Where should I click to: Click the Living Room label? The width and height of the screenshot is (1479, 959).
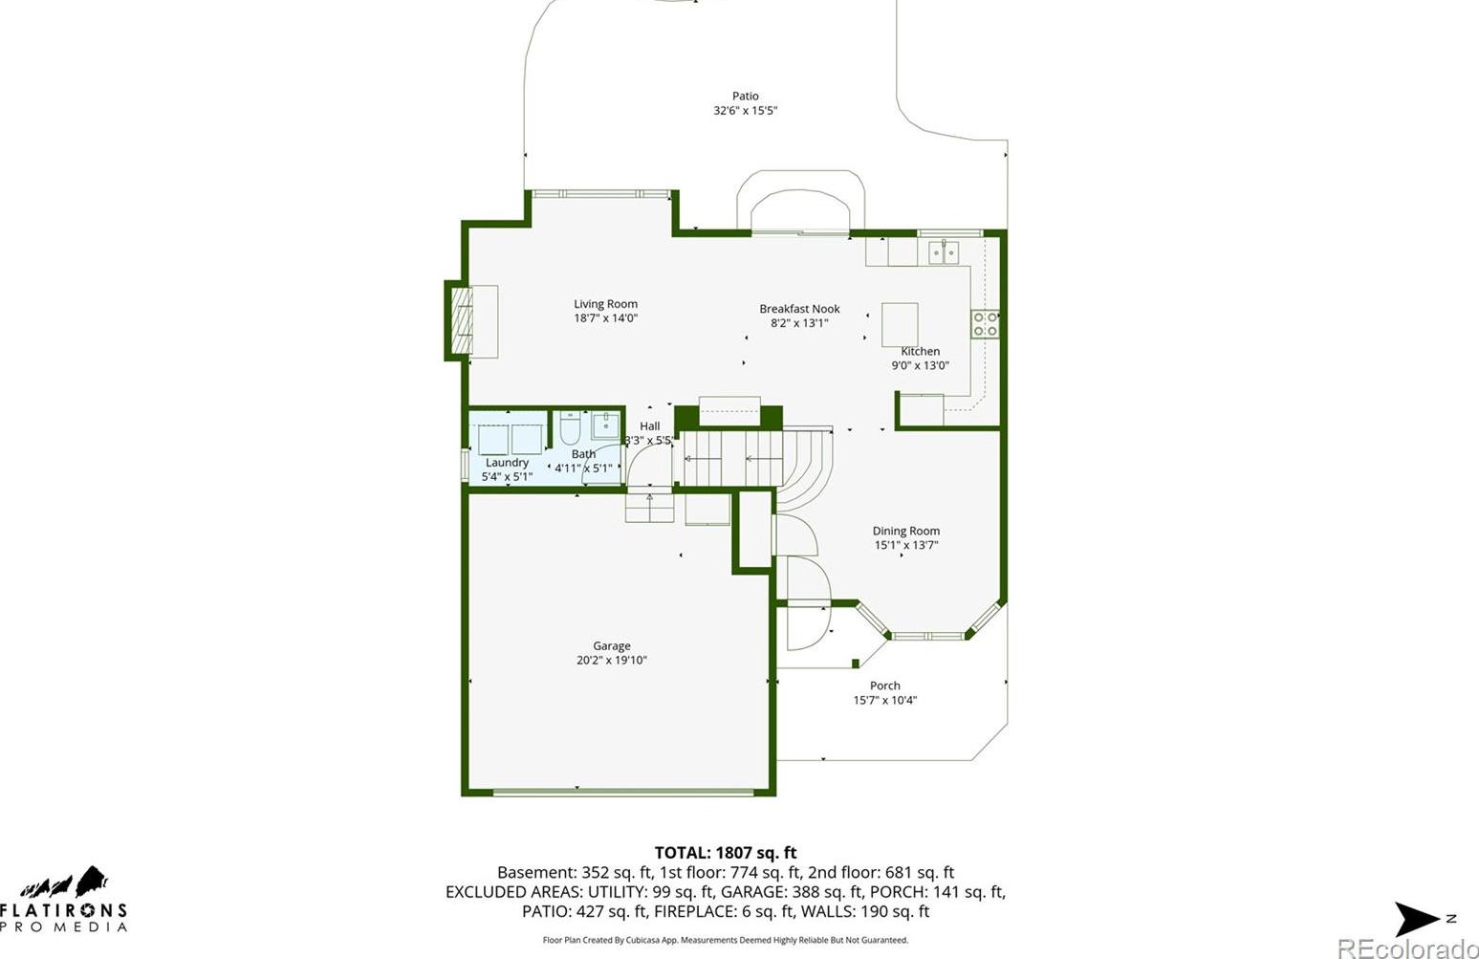[605, 304]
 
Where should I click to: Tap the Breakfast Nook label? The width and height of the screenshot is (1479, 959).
[799, 309]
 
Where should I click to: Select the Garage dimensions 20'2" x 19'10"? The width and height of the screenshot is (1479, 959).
[612, 660]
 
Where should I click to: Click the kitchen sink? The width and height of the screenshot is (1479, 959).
[944, 252]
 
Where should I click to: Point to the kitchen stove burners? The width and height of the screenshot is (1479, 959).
[985, 324]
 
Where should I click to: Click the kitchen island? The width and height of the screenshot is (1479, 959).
[900, 324]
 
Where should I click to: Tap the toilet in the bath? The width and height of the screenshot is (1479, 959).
[569, 427]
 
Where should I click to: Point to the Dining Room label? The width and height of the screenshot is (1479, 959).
[906, 531]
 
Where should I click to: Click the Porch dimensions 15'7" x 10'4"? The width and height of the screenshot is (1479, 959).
[884, 700]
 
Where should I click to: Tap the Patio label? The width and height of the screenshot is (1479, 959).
[746, 96]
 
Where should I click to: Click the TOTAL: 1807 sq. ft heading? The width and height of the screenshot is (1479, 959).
[726, 852]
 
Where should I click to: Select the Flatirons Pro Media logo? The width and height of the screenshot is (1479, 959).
[63, 899]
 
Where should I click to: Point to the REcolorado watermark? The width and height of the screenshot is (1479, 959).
[1407, 948]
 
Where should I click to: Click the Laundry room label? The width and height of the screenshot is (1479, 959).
[507, 463]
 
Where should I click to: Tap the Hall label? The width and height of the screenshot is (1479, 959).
[650, 426]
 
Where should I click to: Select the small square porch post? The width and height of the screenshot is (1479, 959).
[855, 664]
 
